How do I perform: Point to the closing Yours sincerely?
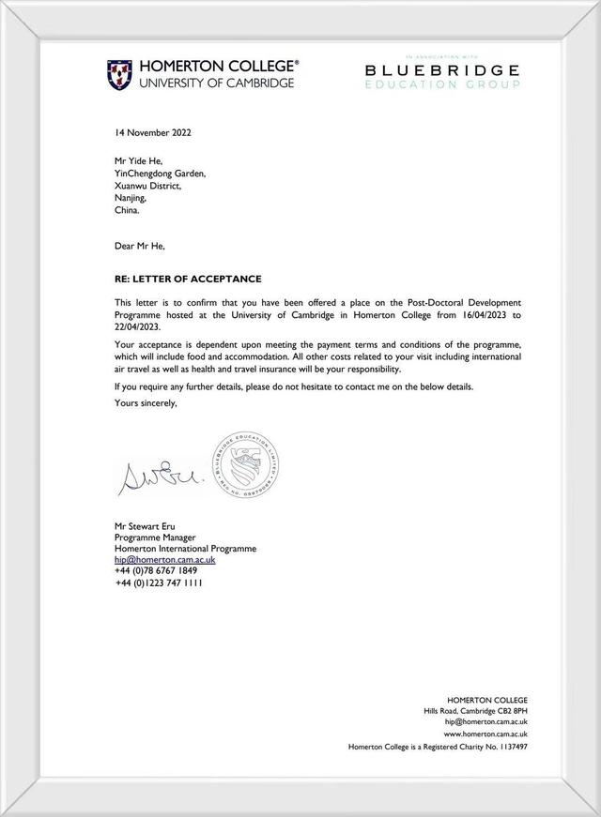coord(146,403)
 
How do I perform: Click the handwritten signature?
coord(155,478)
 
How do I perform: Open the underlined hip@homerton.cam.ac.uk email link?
coord(165,560)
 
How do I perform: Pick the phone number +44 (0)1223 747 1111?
coord(160,582)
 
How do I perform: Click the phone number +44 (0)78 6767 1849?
coord(156,571)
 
